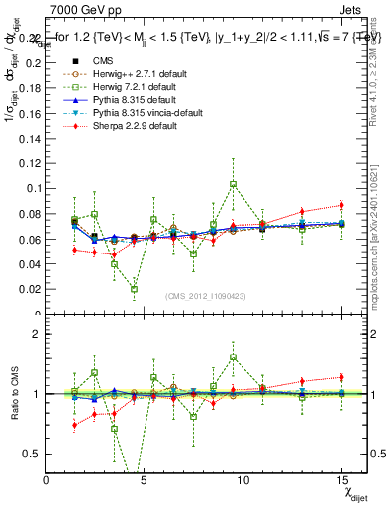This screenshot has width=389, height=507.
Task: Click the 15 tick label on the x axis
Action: [340, 480]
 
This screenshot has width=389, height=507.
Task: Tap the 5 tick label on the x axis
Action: [145, 480]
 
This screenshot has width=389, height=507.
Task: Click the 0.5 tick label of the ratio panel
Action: [32, 453]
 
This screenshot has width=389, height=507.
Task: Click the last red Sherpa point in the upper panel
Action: [340, 205]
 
